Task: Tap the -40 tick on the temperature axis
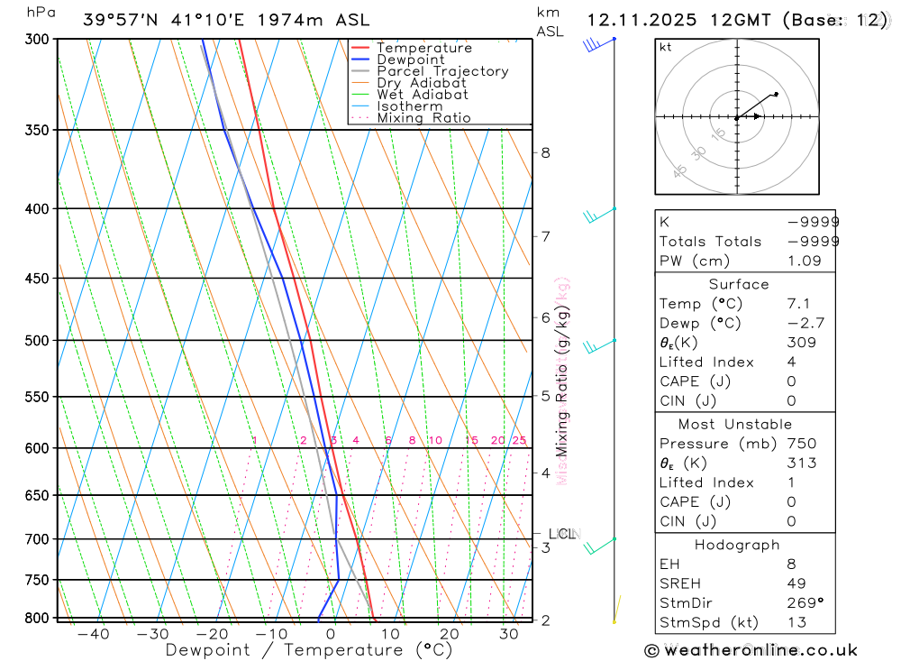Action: point(93,634)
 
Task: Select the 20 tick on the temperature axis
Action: point(450,634)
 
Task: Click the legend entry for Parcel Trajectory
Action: point(442,71)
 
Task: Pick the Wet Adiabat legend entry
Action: point(423,95)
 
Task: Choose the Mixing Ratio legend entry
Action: point(423,118)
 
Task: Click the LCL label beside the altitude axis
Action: point(561,534)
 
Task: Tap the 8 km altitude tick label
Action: point(545,152)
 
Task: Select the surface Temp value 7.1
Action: point(797,304)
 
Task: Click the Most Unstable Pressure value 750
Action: point(801,444)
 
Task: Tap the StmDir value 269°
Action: point(805,603)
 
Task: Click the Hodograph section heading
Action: point(738,545)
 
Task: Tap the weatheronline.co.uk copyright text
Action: point(751,650)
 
